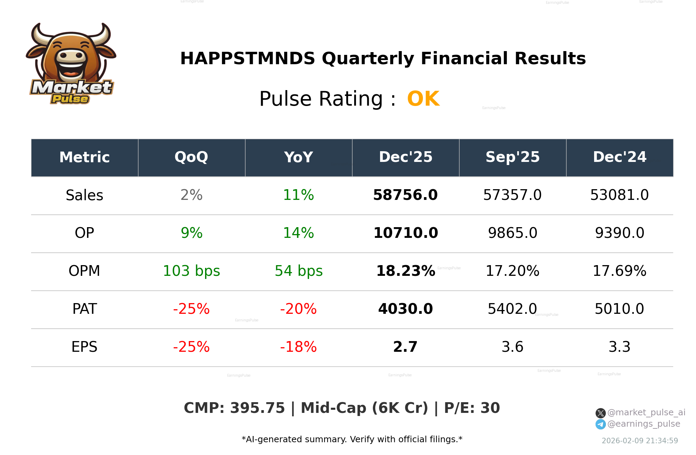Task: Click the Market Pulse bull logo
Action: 71,64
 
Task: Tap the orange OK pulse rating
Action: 423,99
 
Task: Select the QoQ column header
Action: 191,157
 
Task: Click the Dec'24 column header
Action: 619,157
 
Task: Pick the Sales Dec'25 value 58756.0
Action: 405,195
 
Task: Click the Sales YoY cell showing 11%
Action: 298,195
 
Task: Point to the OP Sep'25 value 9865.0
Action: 512,233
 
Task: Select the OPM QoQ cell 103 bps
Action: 191,271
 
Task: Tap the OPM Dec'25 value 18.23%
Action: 405,271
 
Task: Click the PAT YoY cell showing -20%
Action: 298,309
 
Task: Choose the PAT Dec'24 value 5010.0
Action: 619,309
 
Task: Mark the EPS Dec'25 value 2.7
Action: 405,347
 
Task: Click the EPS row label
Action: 84,347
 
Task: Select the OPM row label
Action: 84,271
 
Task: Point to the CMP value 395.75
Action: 257,408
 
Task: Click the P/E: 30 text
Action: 472,408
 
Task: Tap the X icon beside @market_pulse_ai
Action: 600,413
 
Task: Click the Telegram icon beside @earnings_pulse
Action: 600,424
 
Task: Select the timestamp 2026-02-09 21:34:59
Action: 640,441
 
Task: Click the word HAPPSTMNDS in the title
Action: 248,58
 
